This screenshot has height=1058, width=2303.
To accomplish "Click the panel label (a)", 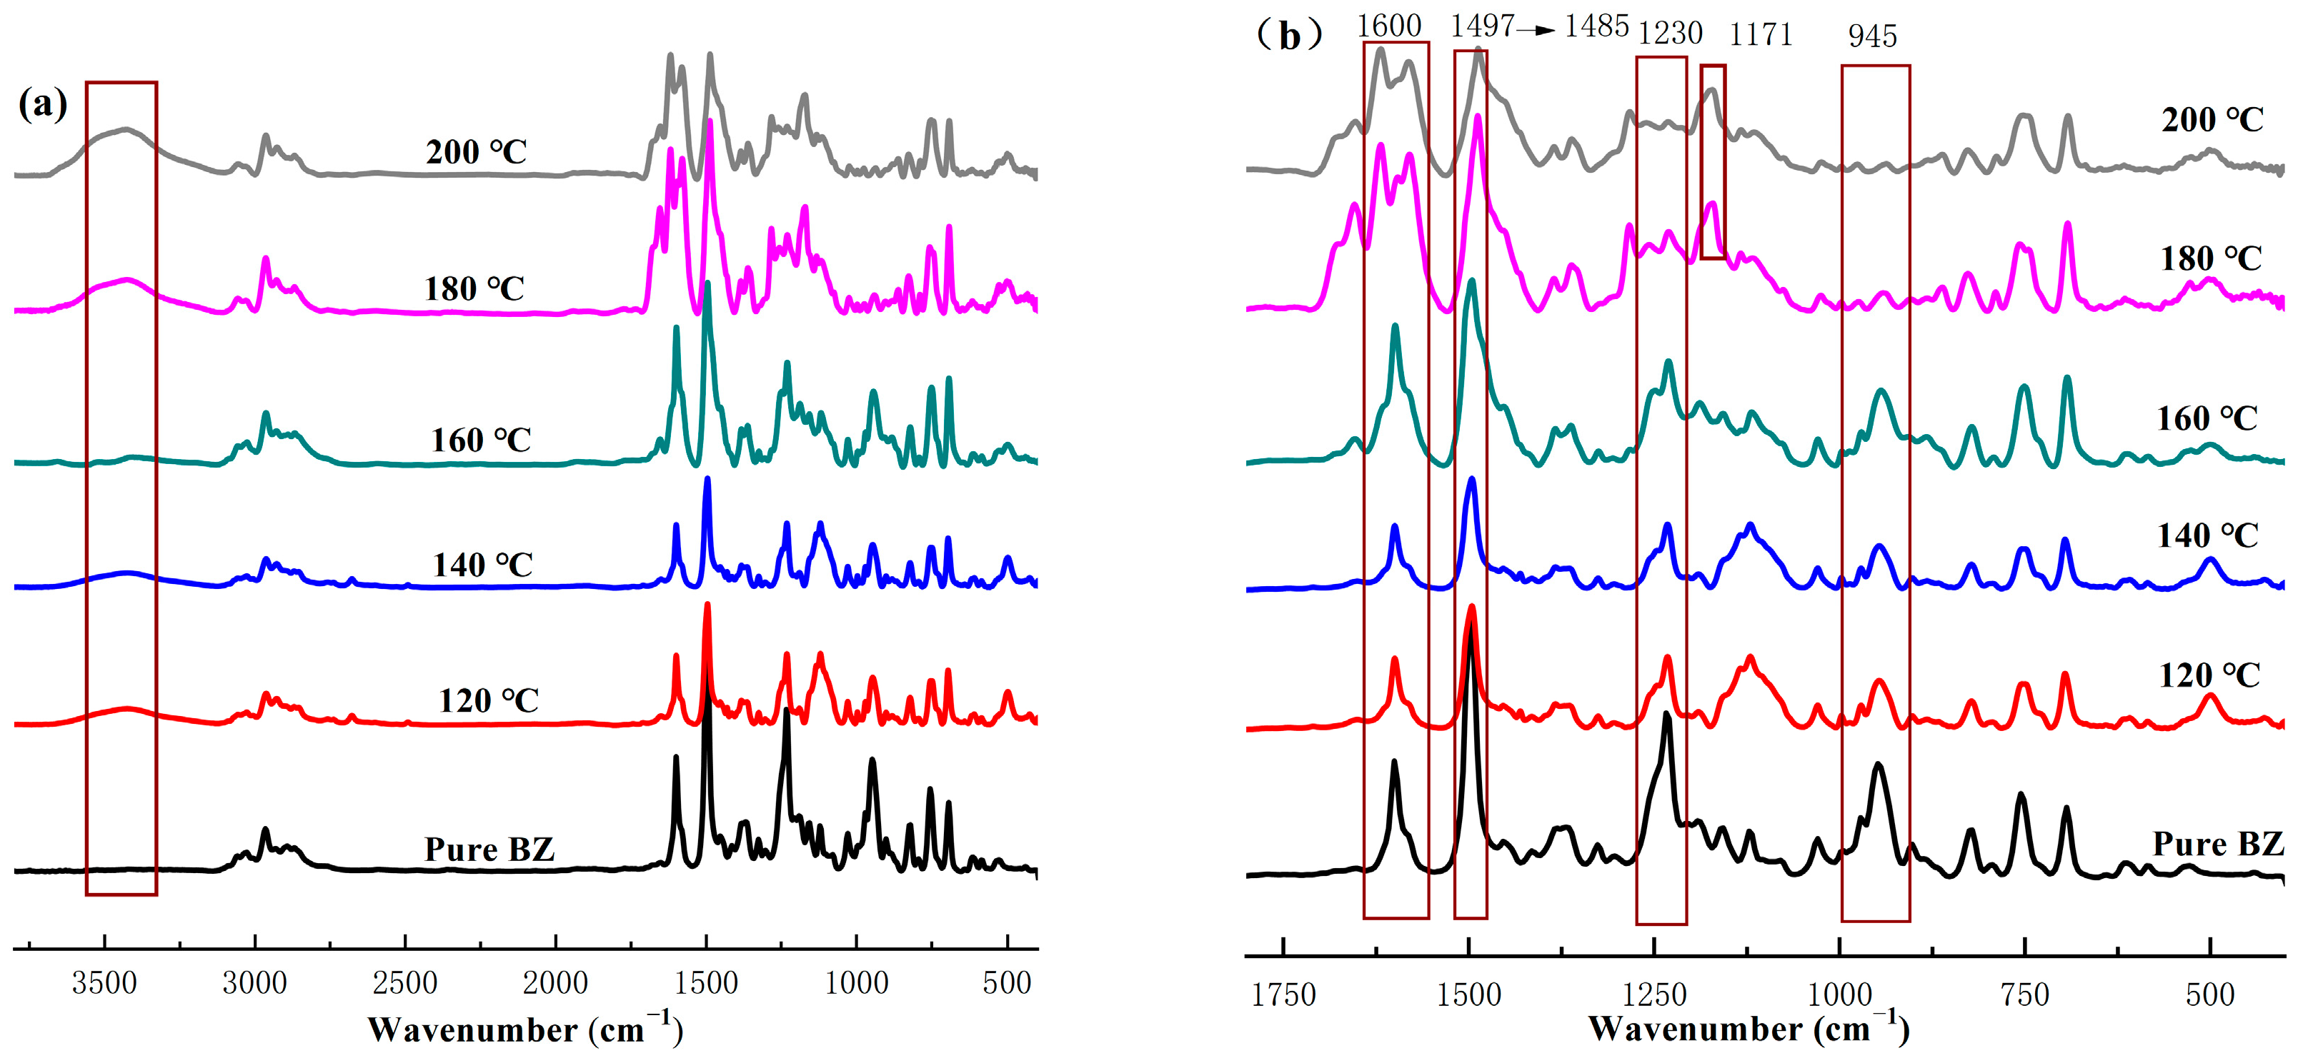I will pyautogui.click(x=43, y=106).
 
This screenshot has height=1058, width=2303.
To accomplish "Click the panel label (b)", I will pyautogui.click(x=1288, y=36).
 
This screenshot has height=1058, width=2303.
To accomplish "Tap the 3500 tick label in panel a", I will pyautogui.click(x=104, y=983).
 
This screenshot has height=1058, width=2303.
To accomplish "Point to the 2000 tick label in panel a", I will pyautogui.click(x=555, y=983).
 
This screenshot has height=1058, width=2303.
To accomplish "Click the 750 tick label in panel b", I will pyautogui.click(x=2025, y=994).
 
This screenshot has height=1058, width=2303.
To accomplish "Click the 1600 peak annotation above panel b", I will pyautogui.click(x=1389, y=25).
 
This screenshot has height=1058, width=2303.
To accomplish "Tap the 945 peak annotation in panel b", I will pyautogui.click(x=1872, y=36).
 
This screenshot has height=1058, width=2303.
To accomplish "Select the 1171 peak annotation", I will pyautogui.click(x=1761, y=34).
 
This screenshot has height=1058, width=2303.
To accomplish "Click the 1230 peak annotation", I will pyautogui.click(x=1670, y=33).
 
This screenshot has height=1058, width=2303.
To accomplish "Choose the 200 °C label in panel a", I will pyautogui.click(x=477, y=152).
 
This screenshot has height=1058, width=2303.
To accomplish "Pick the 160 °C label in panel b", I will pyautogui.click(x=2207, y=418).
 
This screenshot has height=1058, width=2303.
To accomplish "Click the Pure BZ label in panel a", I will pyautogui.click(x=489, y=849).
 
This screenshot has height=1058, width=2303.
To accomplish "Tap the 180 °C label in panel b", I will pyautogui.click(x=2211, y=259).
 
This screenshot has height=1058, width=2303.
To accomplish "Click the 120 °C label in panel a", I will pyautogui.click(x=488, y=700).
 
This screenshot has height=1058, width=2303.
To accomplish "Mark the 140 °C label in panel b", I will pyautogui.click(x=2207, y=536).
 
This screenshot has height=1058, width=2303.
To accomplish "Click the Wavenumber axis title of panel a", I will pyautogui.click(x=524, y=1029).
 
